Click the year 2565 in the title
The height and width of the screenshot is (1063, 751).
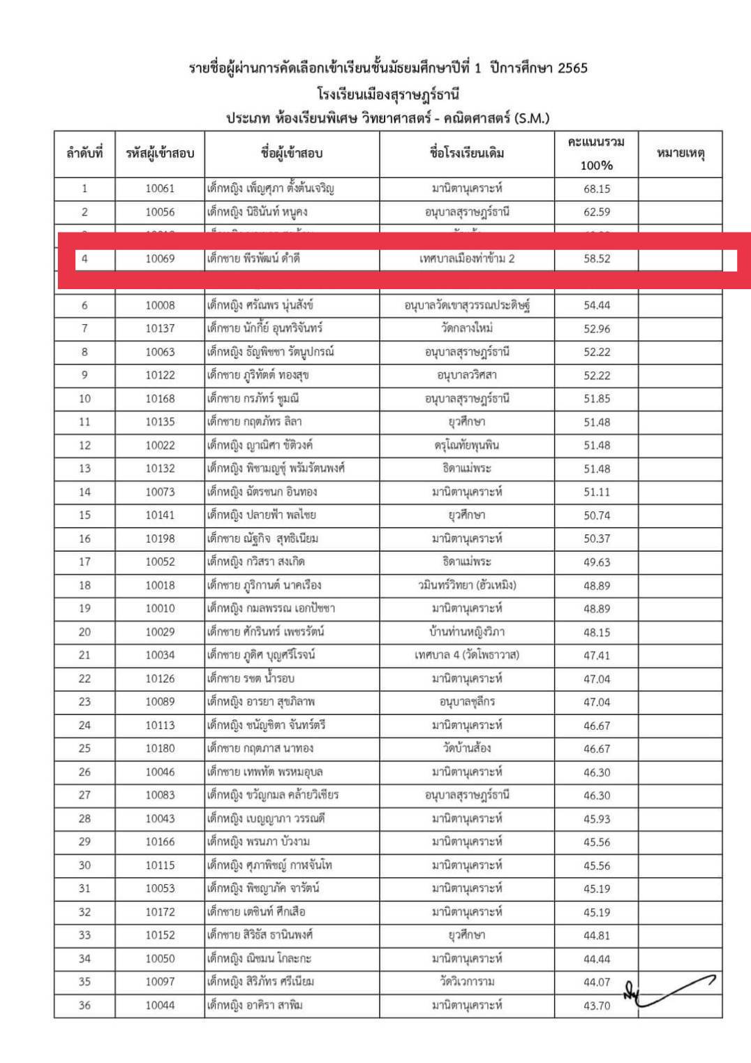(x=567, y=68)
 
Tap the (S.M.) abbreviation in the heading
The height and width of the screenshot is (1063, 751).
(x=532, y=118)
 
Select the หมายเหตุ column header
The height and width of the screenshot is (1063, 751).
(x=680, y=153)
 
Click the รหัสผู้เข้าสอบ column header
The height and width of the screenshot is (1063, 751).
(x=160, y=153)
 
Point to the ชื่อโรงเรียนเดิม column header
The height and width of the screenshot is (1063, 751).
(x=466, y=153)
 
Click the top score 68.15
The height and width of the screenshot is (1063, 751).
(x=597, y=189)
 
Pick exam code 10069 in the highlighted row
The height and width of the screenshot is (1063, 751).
(x=160, y=258)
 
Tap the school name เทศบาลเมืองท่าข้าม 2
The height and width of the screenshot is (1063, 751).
(x=466, y=258)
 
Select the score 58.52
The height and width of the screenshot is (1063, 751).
(x=597, y=258)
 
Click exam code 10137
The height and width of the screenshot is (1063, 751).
(x=160, y=328)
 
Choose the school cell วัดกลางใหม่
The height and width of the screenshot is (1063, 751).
(x=466, y=328)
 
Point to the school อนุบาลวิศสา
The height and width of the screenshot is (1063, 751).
(x=466, y=375)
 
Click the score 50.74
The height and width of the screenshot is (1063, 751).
(x=597, y=515)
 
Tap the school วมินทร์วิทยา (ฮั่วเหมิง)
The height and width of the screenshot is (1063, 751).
(x=466, y=585)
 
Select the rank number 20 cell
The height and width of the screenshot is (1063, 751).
(x=84, y=632)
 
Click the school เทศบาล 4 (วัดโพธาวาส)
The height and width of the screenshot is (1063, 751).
(x=466, y=655)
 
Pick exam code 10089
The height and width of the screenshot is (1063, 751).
(x=160, y=702)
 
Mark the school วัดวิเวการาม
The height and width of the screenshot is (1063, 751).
(x=466, y=982)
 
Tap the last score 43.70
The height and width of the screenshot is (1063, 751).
(x=597, y=1006)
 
